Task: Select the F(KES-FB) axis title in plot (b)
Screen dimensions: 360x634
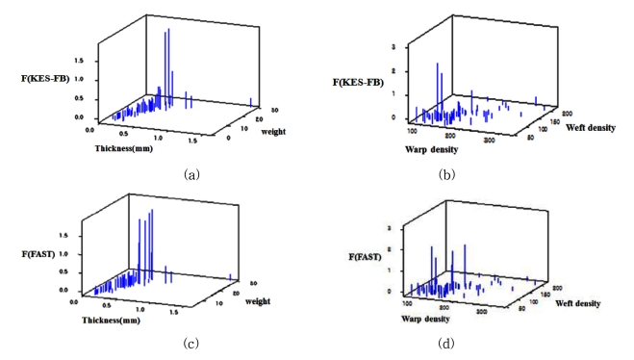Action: tap(357, 82)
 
